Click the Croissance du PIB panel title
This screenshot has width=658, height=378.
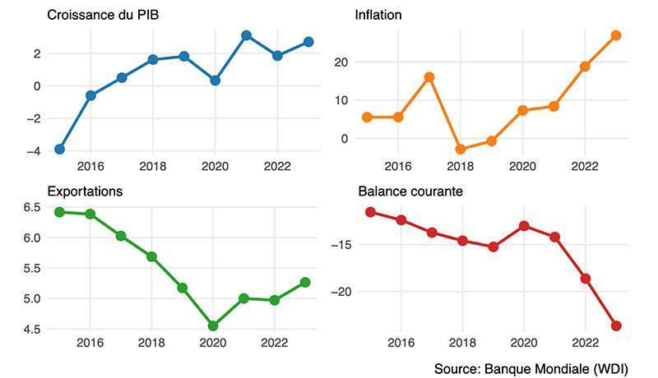103,15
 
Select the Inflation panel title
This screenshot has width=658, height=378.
378,15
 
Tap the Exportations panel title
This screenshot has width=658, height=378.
85,191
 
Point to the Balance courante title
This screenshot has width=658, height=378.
410,191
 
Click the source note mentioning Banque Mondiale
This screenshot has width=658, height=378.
531,369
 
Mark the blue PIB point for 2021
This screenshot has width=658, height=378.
246,35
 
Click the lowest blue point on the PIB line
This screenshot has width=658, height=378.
59,150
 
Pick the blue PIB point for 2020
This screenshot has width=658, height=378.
215,81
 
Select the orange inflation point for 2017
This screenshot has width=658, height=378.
429,77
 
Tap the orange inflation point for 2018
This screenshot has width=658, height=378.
461,149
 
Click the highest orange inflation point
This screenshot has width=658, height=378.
616,35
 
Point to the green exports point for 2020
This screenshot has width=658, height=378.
213,325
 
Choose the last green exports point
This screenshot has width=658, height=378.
305,283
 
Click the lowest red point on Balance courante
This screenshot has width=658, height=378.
616,325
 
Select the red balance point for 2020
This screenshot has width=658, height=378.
524,226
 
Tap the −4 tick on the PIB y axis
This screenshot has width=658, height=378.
34,151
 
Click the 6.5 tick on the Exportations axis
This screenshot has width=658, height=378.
32,207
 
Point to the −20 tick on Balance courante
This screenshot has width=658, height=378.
341,292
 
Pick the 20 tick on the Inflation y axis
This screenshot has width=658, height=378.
341,62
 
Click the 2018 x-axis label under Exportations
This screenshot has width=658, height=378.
151,343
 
